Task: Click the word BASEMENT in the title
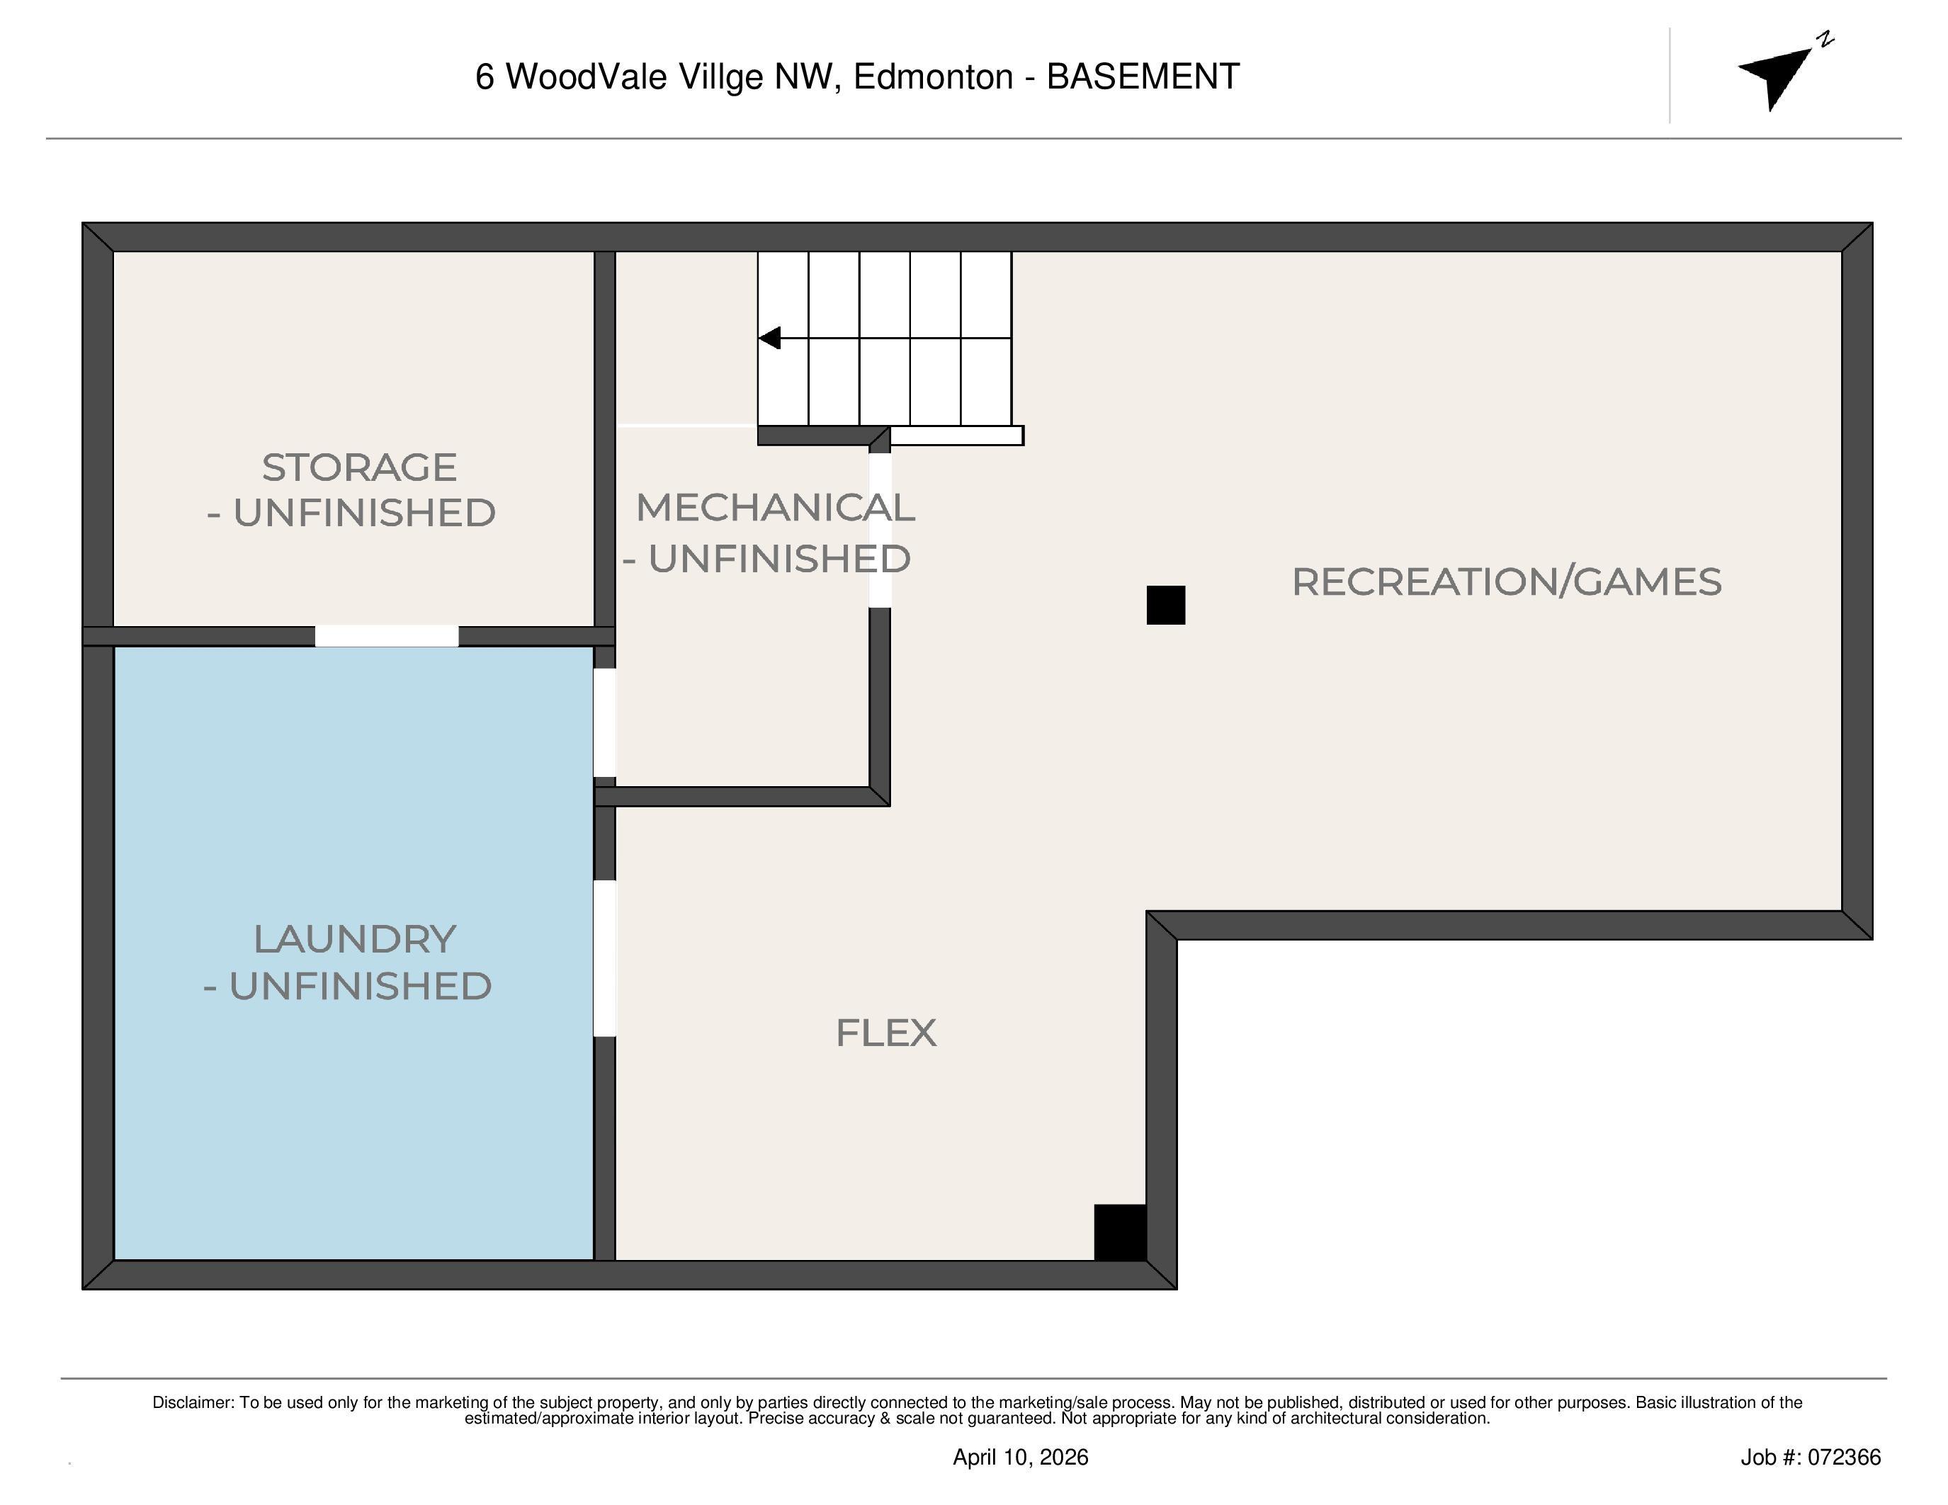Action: [1143, 76]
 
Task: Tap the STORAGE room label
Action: [358, 468]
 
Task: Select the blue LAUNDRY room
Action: [353, 1115]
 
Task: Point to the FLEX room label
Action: [885, 1033]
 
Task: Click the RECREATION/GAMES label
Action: [1507, 582]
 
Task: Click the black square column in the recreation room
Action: [1166, 606]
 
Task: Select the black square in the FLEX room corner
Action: [1119, 1232]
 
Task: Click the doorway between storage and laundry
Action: [386, 636]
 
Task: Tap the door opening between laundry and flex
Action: [605, 958]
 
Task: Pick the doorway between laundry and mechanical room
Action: [605, 722]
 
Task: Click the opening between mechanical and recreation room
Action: [880, 530]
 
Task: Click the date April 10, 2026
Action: [1020, 1457]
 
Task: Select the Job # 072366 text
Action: [1810, 1457]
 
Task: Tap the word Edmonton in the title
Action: [933, 76]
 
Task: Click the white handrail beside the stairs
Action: [956, 435]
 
